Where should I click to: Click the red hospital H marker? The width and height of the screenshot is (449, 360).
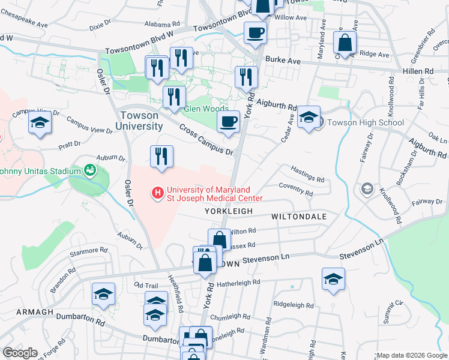[158, 193]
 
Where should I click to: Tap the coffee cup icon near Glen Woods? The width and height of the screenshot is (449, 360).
[228, 122]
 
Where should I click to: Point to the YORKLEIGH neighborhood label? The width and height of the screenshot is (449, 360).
[226, 212]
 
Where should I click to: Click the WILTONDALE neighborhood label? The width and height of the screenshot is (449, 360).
[299, 216]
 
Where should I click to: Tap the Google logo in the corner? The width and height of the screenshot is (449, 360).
[20, 353]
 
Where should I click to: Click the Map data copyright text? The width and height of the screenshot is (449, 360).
[411, 355]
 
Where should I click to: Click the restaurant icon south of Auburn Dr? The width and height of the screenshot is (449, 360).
[161, 157]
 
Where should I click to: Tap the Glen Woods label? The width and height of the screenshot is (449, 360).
[206, 109]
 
